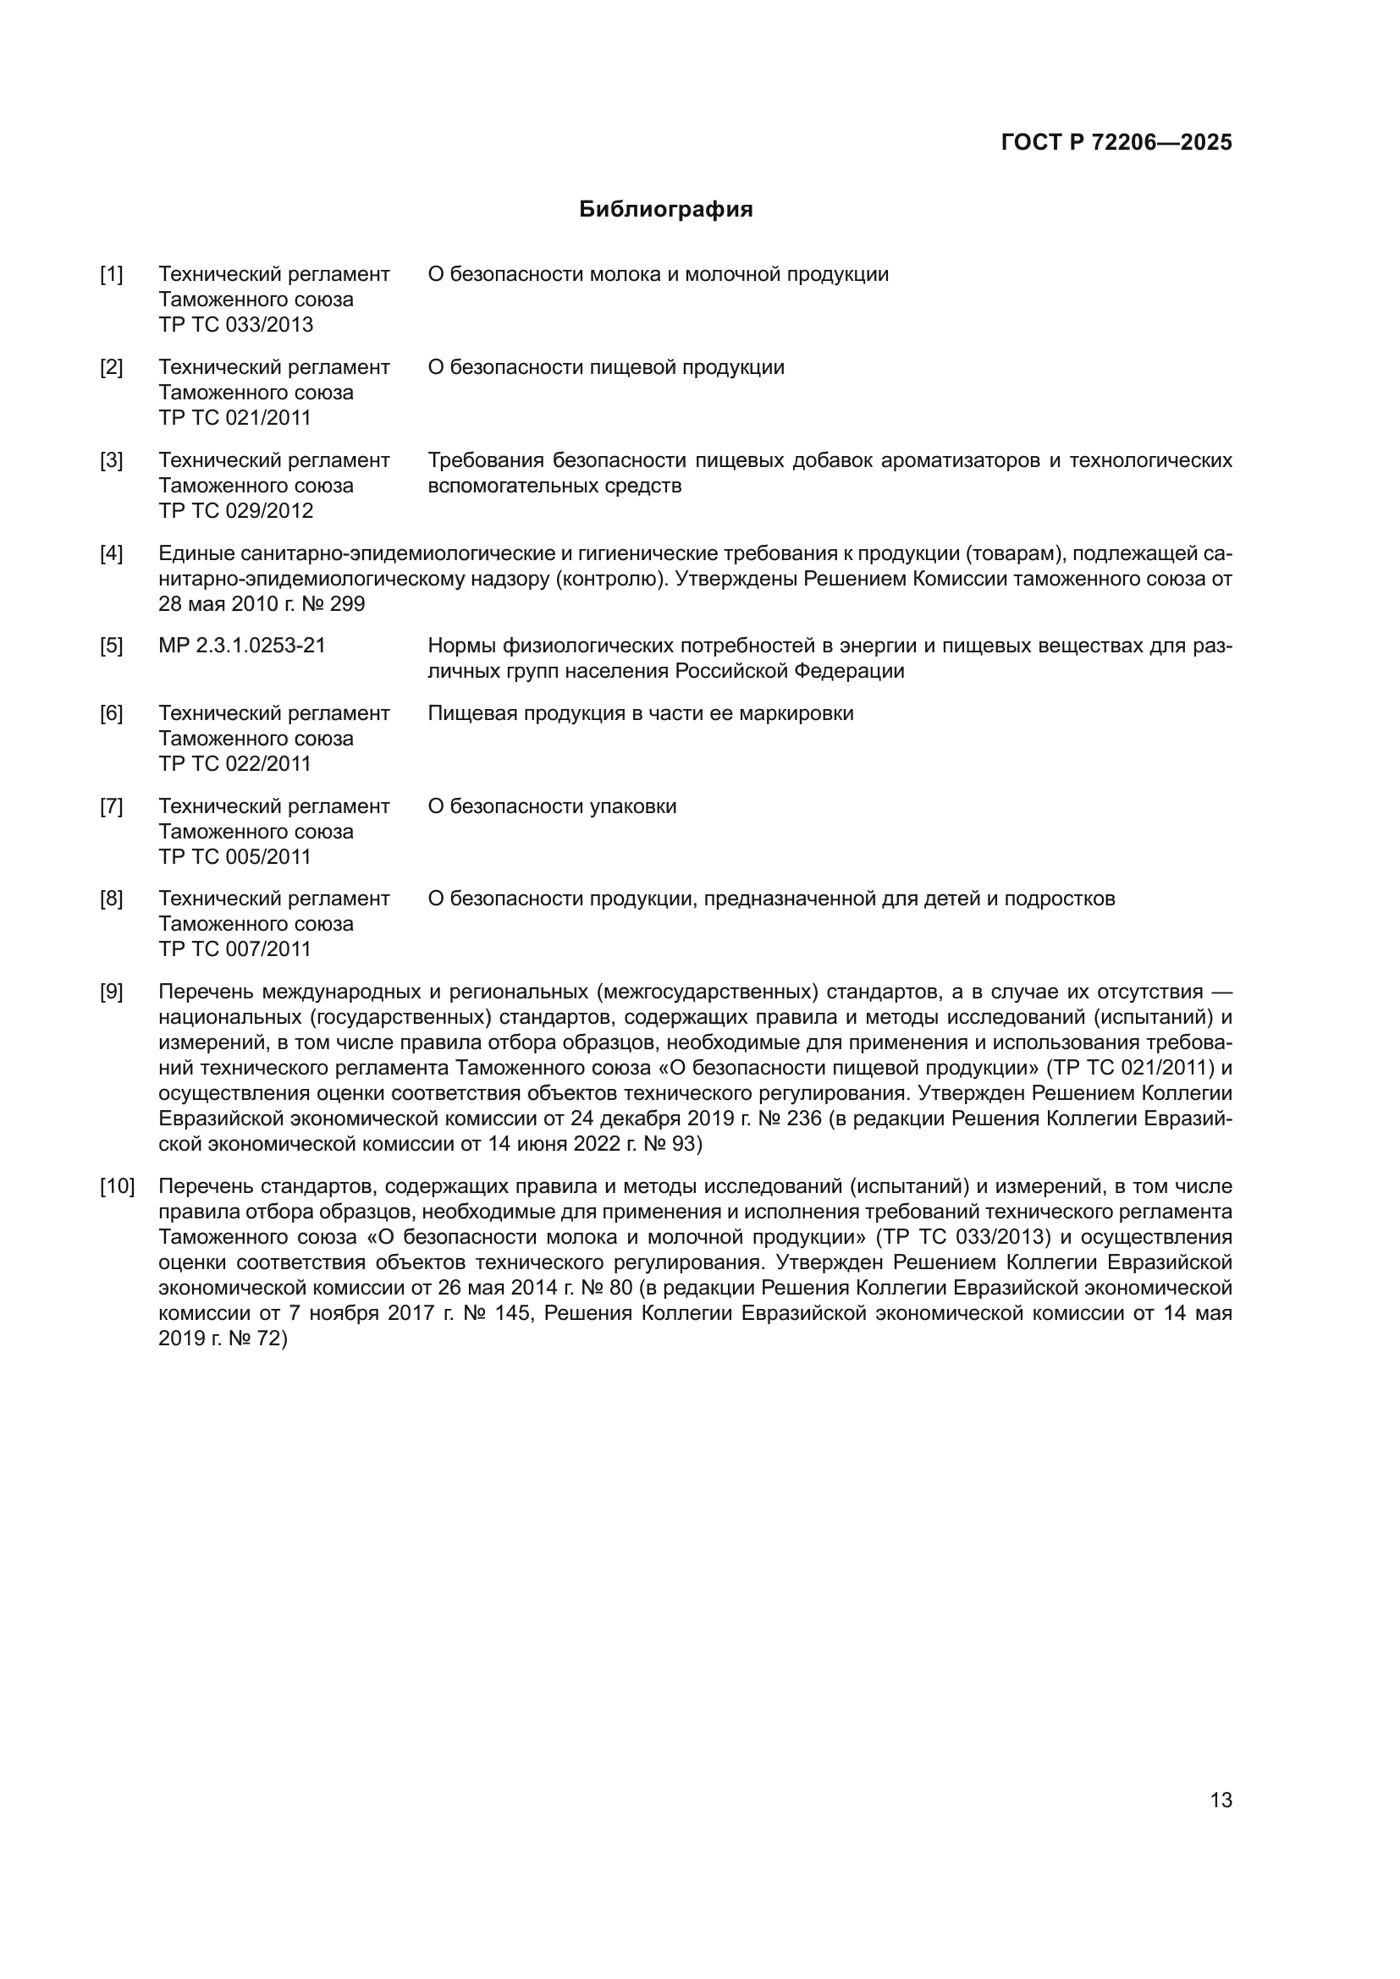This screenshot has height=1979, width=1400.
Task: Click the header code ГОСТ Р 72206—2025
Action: coord(1116,142)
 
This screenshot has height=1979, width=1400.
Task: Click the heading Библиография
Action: coord(665,210)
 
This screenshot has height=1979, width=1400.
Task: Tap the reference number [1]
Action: coord(111,274)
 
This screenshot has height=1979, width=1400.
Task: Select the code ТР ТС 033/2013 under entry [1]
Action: coord(235,325)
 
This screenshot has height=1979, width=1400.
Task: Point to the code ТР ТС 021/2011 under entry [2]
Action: coord(235,418)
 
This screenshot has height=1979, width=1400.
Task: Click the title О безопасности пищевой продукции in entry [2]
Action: coord(606,367)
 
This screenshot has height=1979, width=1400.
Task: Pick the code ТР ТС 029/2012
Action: coord(235,511)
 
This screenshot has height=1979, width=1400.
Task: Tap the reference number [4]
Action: coord(111,553)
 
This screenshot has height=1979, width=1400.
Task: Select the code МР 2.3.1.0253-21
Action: coord(242,646)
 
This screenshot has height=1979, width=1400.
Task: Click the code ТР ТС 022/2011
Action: coord(235,765)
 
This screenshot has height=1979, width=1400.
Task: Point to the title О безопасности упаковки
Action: coord(552,807)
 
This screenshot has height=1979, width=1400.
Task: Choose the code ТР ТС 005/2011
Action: coord(235,858)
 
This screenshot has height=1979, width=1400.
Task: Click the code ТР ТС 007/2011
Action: coord(235,950)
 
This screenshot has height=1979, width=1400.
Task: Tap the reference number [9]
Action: coord(111,992)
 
